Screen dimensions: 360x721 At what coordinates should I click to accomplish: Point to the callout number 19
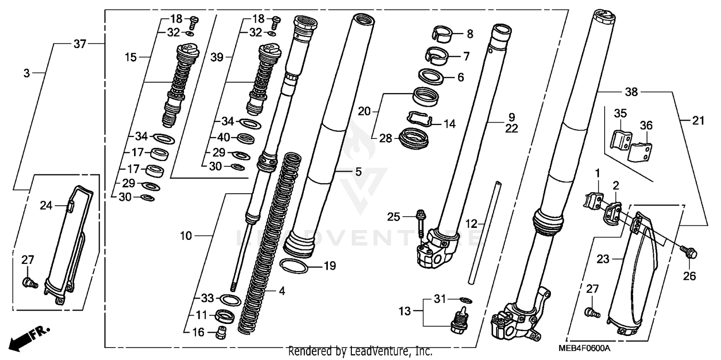pos(330,266)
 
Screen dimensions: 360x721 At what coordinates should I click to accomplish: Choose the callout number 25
pos(394,217)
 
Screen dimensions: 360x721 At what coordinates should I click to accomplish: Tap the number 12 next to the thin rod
pos(472,223)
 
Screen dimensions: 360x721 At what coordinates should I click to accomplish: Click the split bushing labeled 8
pos(442,33)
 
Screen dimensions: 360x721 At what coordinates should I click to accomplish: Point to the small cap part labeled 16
pos(222,332)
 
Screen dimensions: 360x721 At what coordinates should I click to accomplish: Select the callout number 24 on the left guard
pos(46,206)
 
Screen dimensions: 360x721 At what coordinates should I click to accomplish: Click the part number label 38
pos(631,92)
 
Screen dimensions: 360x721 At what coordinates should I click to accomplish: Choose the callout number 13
pos(405,311)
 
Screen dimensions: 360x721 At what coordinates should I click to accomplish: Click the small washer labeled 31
pos(466,300)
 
